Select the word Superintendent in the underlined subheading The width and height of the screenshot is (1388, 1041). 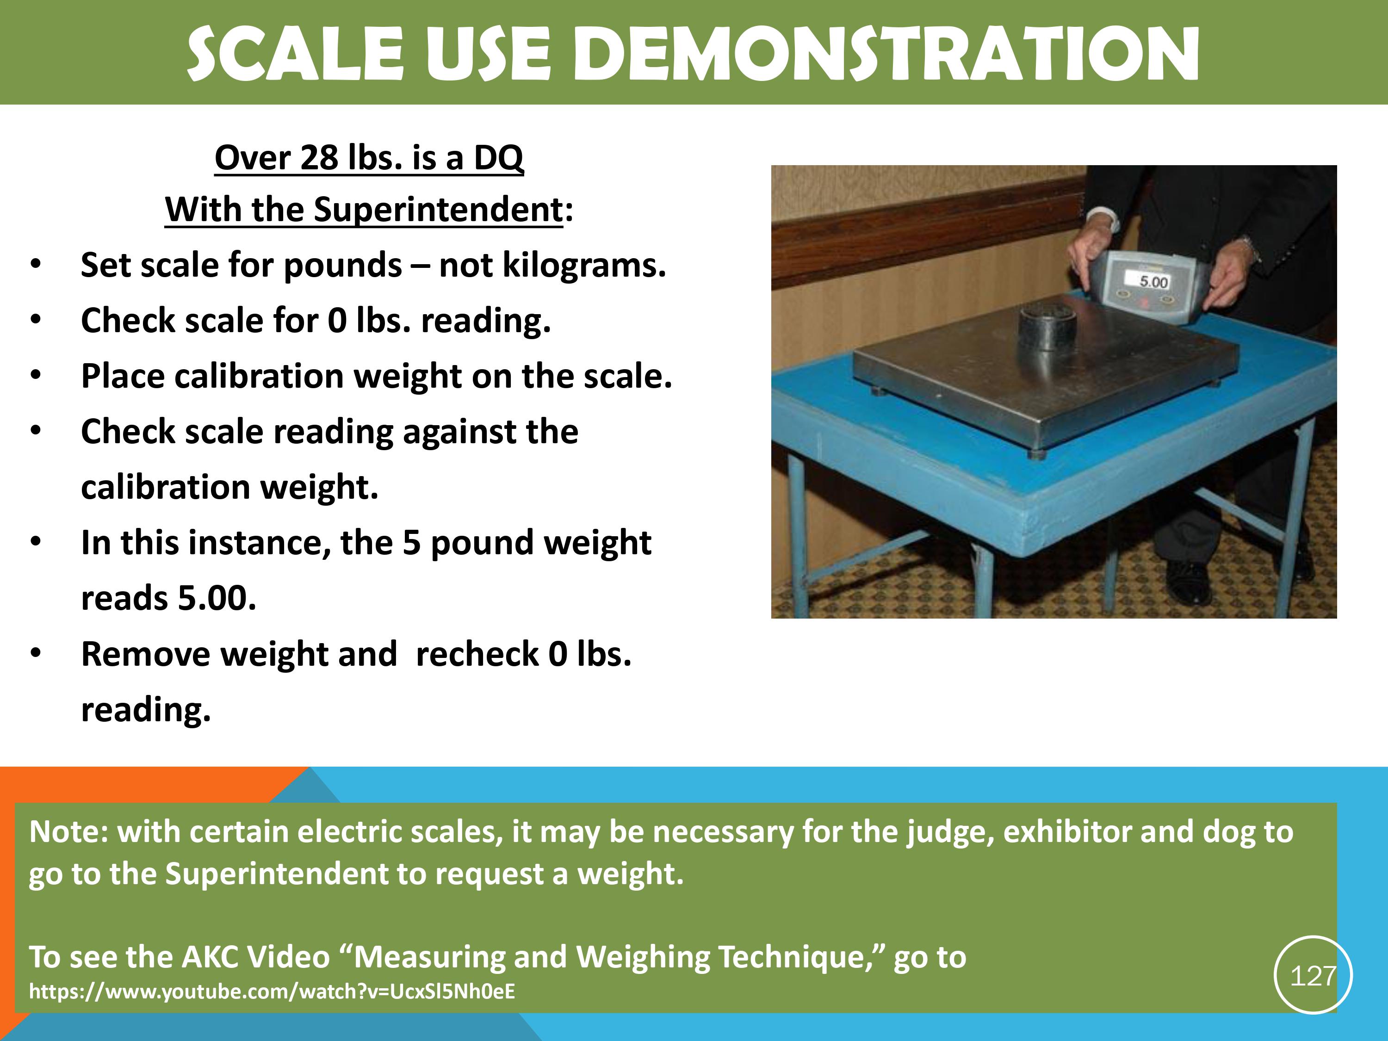[438, 210]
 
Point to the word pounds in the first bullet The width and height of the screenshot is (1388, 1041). [343, 266]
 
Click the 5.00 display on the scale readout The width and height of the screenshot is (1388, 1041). [1153, 282]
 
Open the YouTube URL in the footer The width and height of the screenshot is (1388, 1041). [273, 992]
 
